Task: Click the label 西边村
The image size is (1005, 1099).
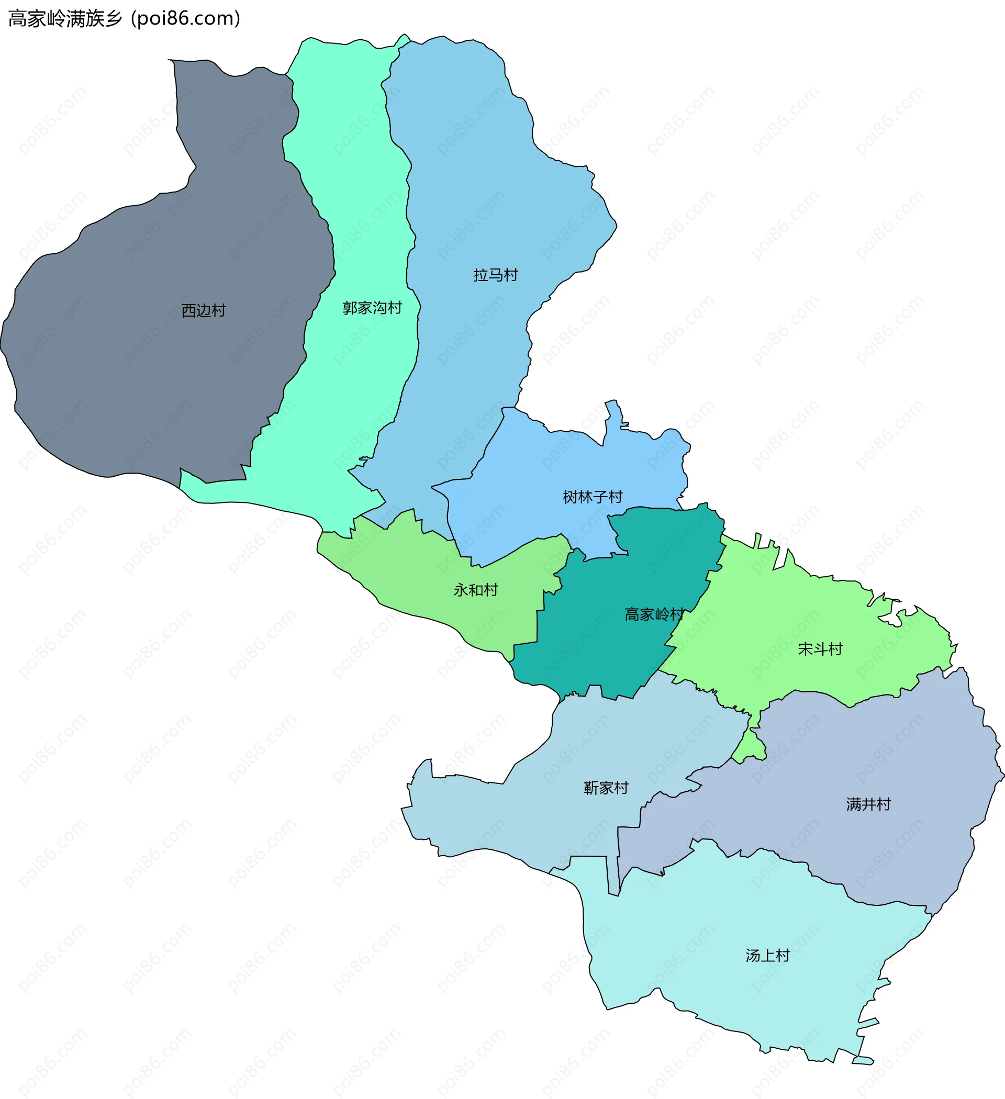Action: (204, 311)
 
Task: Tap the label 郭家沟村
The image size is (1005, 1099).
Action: (372, 308)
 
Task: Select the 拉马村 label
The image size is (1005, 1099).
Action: (495, 275)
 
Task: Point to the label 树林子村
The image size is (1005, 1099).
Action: (592, 497)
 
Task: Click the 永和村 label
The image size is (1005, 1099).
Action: (475, 590)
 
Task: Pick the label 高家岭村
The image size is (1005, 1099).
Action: (654, 614)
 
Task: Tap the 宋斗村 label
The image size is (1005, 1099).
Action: (820, 649)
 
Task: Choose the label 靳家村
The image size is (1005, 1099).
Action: (606, 788)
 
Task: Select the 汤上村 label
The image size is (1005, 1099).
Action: (767, 956)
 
